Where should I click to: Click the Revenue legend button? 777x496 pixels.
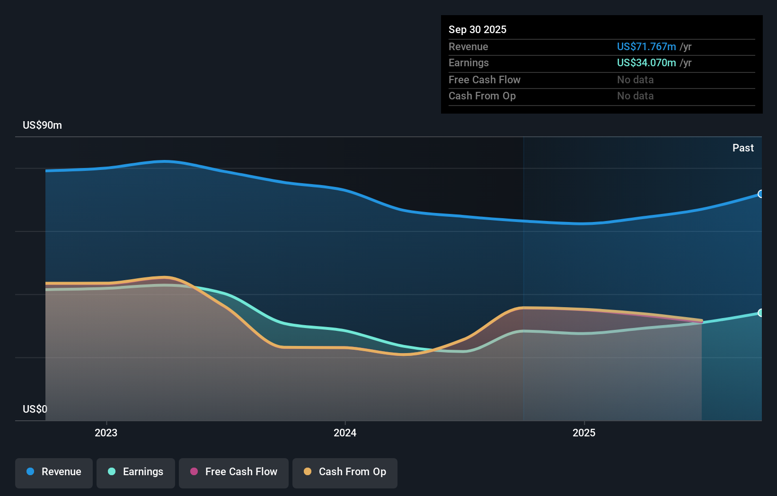(x=54, y=472)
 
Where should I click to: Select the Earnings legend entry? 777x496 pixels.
(x=136, y=472)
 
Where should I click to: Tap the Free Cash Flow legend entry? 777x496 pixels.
(x=234, y=472)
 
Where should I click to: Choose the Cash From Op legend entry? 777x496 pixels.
(x=345, y=472)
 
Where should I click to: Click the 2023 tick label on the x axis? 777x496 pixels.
(x=106, y=433)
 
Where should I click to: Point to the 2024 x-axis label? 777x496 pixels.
(x=345, y=433)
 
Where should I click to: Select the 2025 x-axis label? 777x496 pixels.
(x=584, y=433)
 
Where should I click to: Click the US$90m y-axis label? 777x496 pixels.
(x=42, y=125)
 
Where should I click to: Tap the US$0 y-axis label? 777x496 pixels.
(x=35, y=409)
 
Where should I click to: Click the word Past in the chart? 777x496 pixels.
(x=743, y=148)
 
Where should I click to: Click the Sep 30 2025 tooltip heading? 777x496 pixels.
(x=477, y=30)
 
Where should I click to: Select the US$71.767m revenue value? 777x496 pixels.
(x=646, y=47)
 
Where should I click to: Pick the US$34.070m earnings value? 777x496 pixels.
(x=646, y=63)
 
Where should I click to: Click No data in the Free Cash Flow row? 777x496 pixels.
(x=635, y=80)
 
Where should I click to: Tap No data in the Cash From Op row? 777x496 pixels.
(x=635, y=96)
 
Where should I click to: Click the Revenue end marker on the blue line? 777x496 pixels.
(x=760, y=194)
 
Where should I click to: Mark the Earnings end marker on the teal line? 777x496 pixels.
(x=760, y=313)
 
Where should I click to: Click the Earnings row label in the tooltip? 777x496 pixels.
(x=468, y=63)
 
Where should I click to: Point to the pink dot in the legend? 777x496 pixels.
(x=194, y=471)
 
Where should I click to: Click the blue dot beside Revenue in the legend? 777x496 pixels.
(x=30, y=471)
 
